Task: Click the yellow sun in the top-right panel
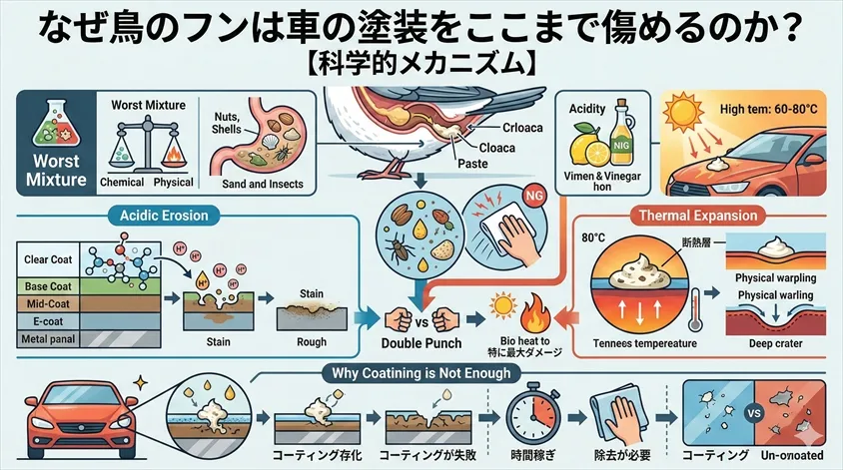pyautogui.click(x=693, y=117)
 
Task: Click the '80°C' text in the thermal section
pyautogui.click(x=593, y=238)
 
